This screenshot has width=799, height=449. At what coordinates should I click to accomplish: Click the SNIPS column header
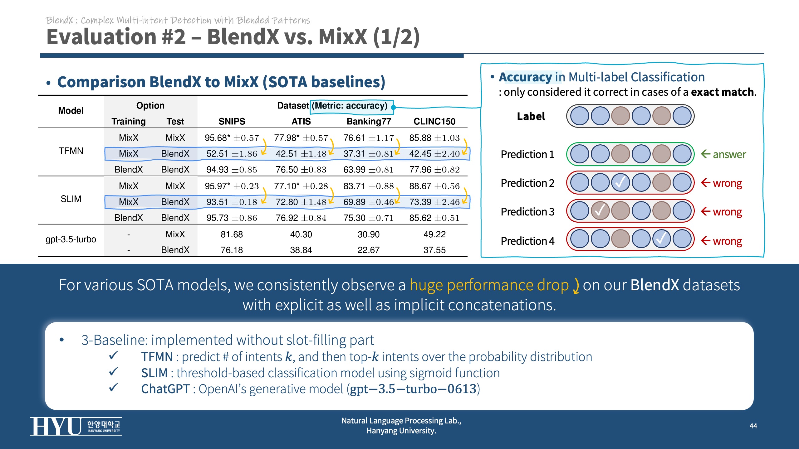tap(232, 121)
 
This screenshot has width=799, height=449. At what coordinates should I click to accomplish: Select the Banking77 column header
tap(369, 121)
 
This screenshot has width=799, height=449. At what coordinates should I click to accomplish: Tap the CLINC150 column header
tap(434, 121)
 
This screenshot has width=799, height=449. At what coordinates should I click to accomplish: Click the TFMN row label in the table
tap(71, 151)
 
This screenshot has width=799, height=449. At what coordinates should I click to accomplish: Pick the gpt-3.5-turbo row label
tap(71, 239)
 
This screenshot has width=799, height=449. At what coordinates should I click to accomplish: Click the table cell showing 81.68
tap(232, 234)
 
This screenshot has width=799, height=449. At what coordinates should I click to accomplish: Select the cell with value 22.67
tap(369, 250)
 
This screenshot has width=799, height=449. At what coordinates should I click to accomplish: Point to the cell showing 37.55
tap(434, 250)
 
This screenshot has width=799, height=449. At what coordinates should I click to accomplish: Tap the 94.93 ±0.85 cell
tap(232, 170)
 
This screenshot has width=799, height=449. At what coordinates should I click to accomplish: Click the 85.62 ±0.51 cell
tap(434, 218)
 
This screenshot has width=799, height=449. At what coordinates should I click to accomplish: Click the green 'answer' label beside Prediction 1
tap(729, 154)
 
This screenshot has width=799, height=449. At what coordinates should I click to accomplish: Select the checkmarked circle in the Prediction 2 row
tap(620, 183)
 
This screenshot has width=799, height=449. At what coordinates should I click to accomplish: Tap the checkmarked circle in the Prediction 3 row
tap(600, 211)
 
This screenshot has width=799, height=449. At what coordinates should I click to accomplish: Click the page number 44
tap(753, 426)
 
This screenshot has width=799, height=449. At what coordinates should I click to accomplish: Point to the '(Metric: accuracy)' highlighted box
tap(351, 106)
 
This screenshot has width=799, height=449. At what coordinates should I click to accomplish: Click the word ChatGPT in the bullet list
tap(165, 389)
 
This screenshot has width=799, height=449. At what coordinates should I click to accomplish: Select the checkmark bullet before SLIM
tap(114, 371)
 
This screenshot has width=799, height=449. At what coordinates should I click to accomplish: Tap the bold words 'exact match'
tap(722, 92)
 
